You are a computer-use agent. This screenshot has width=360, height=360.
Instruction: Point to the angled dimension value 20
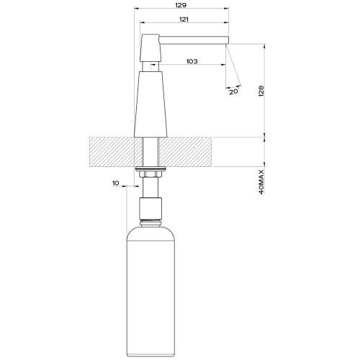click(233, 91)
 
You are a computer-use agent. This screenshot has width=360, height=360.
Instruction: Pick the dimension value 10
click(117, 184)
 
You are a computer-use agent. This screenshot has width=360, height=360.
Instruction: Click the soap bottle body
click(151, 288)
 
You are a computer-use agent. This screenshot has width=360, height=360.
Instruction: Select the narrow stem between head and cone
click(151, 66)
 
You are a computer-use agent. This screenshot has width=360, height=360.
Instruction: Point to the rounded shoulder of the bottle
click(151, 229)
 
